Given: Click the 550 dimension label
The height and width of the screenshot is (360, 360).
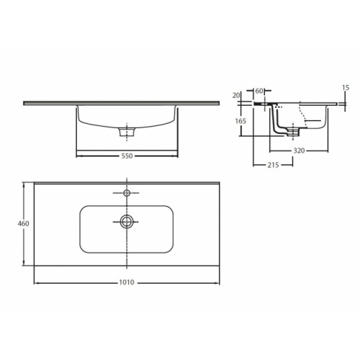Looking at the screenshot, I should pyautogui.click(x=127, y=156).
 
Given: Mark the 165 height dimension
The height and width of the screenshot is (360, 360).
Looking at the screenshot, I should pyautogui.click(x=241, y=121).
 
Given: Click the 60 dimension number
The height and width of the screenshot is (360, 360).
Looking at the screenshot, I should pyautogui.click(x=258, y=91).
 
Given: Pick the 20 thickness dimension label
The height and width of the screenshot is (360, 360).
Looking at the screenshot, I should pyautogui.click(x=235, y=95).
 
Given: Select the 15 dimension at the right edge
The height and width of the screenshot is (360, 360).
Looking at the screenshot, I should pyautogui.click(x=346, y=88).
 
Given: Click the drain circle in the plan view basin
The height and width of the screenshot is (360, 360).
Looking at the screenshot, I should pyautogui.click(x=127, y=220).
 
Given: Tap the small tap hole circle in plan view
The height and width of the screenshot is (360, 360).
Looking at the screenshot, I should pyautogui.click(x=127, y=194).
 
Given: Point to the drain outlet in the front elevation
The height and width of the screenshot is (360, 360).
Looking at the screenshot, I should pyautogui.click(x=127, y=132).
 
